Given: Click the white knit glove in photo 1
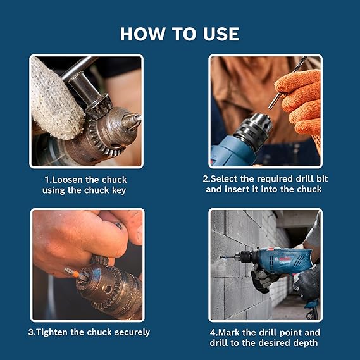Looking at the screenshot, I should [x=54, y=98].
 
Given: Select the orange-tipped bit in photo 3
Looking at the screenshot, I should [x=71, y=272].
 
